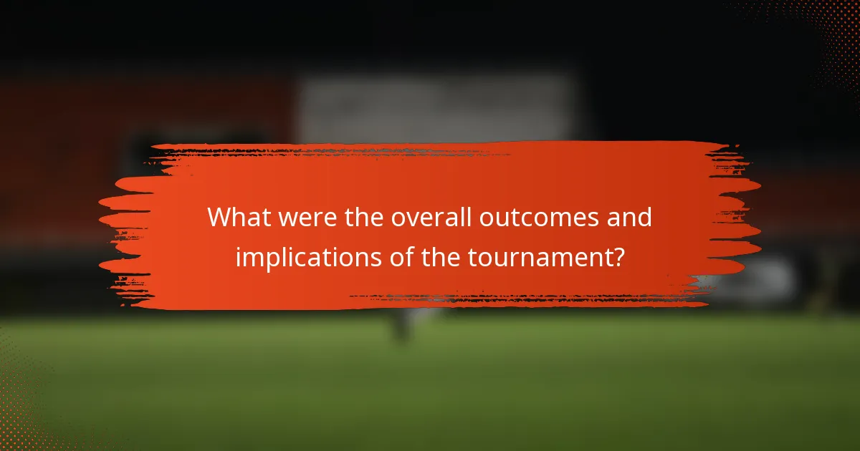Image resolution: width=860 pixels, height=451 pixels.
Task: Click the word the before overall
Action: [x=363, y=218]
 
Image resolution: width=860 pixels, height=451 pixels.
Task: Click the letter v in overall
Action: [x=418, y=219]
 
